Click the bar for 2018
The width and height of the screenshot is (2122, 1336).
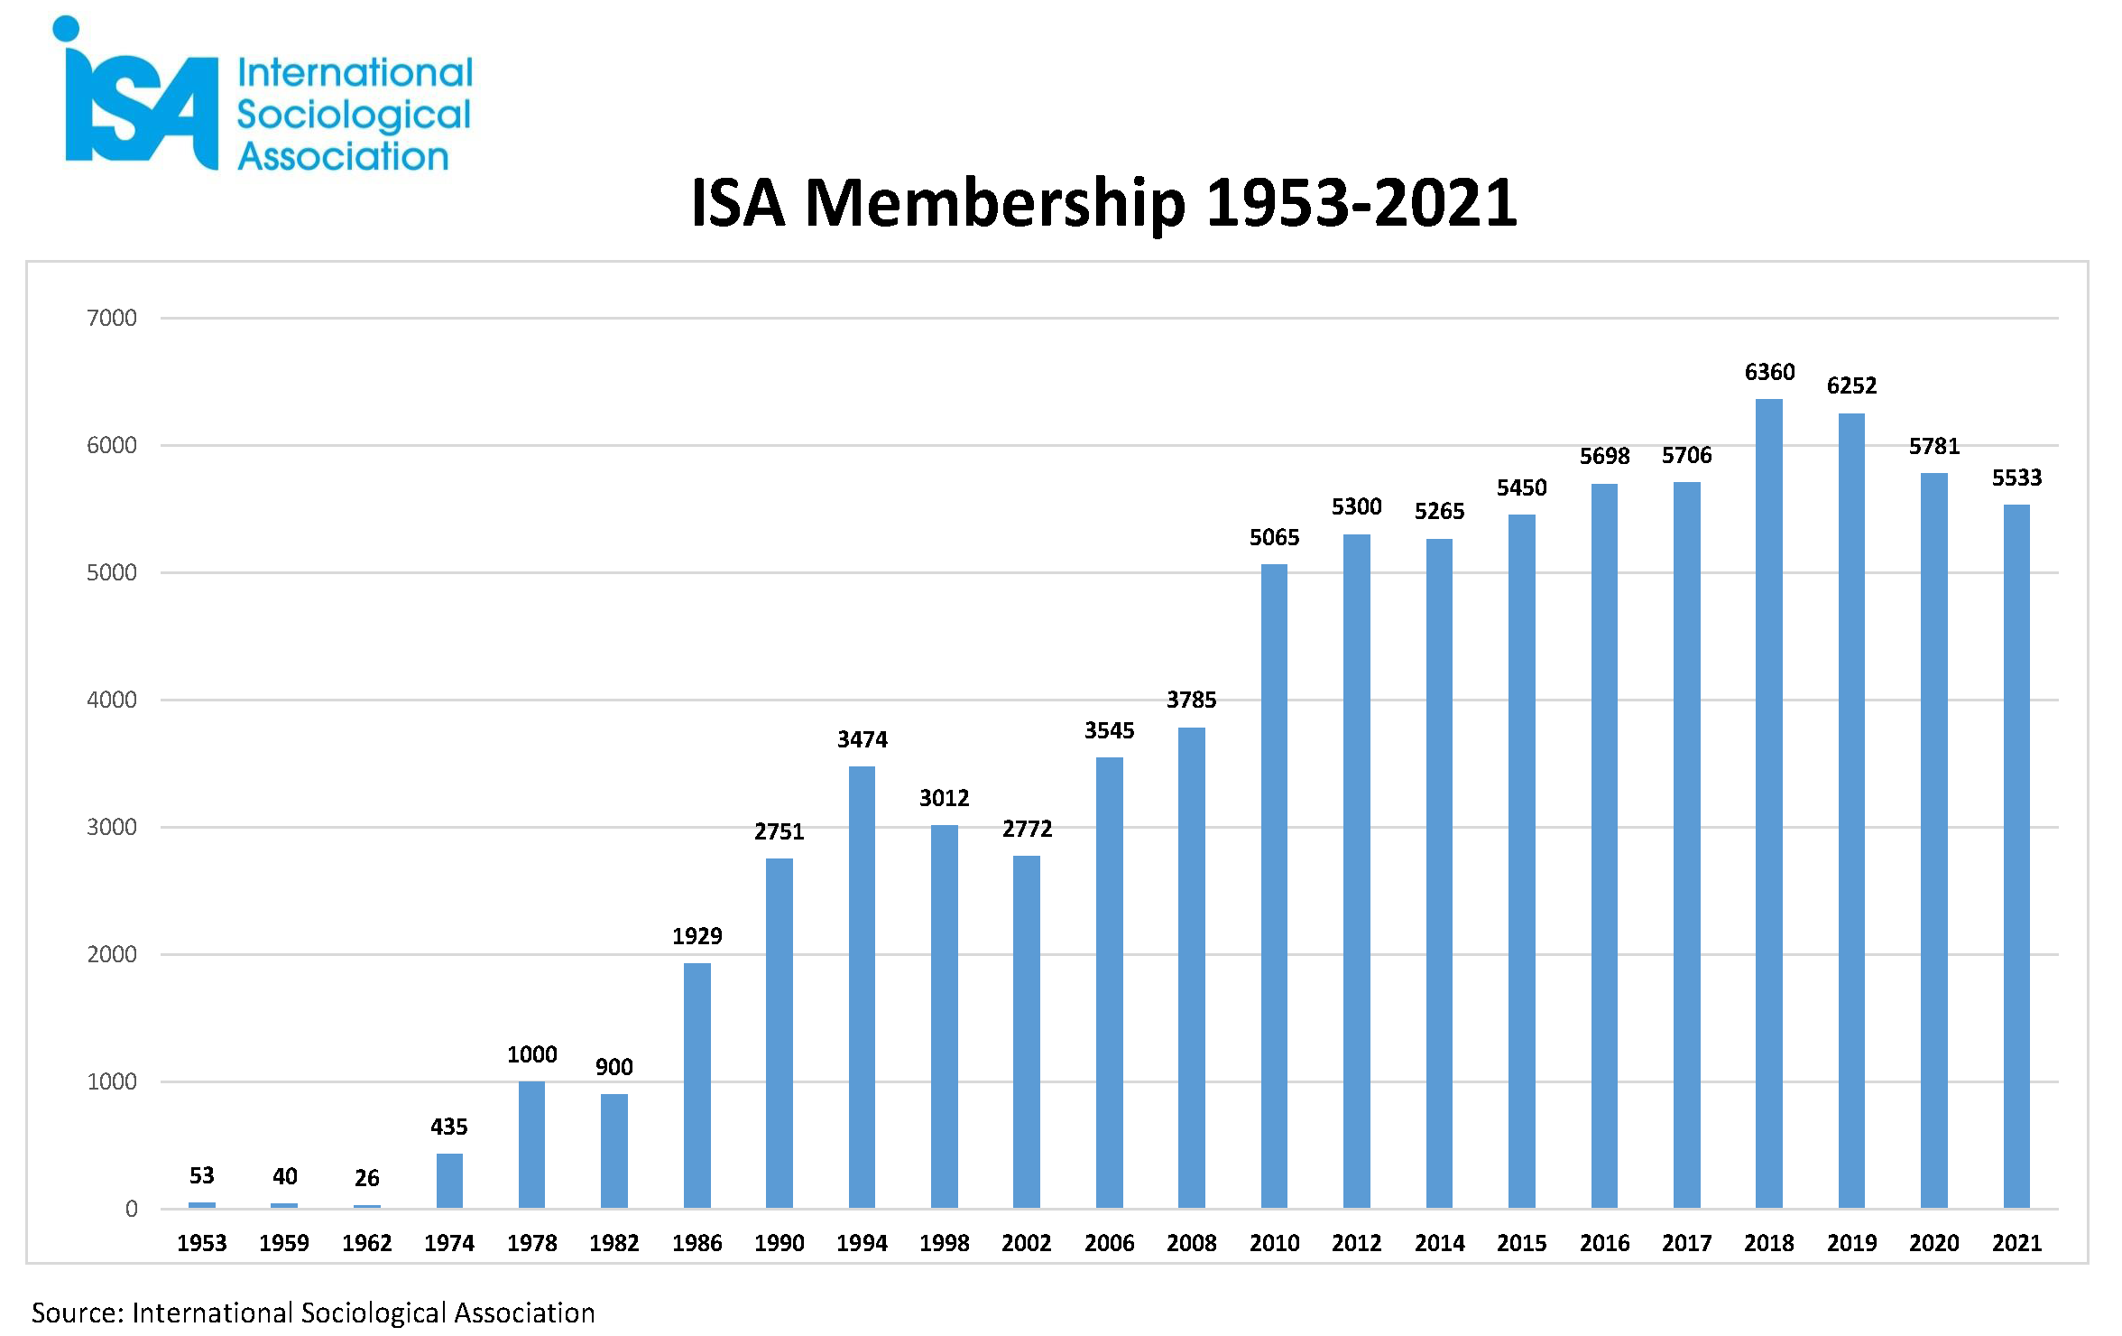1768,803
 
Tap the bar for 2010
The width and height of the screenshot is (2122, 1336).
1274,886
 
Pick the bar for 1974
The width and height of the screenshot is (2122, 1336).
449,1181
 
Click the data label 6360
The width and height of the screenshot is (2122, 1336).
1769,372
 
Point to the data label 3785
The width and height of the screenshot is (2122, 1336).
1191,700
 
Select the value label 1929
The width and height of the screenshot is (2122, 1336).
697,936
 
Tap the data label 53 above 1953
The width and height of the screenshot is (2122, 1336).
202,1175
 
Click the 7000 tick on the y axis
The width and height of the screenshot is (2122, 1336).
112,318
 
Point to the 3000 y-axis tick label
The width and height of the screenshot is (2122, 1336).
112,827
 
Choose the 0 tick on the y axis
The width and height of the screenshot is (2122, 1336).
132,1209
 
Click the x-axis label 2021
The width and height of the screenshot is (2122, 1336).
2016,1243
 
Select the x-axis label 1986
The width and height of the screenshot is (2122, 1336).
697,1243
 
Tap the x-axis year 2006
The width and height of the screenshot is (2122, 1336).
1109,1243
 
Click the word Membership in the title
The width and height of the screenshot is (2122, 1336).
994,203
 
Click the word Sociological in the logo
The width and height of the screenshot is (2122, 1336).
354,116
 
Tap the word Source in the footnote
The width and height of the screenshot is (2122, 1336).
77,1313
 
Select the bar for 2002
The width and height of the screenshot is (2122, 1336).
1027,1032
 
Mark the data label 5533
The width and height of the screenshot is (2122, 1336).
2016,478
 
